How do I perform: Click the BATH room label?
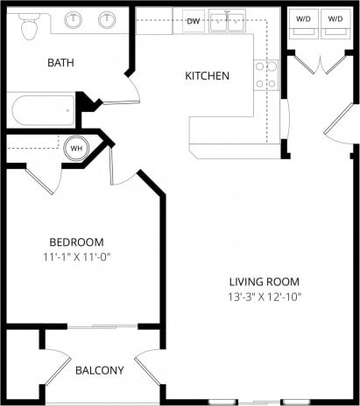click(61, 62)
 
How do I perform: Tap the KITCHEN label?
click(207, 76)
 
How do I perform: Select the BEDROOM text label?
click(76, 242)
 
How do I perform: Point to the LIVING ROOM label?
click(265, 282)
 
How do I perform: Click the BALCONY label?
click(99, 370)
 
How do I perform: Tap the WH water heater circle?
click(76, 148)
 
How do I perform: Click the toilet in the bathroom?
click(29, 27)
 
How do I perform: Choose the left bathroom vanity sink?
click(74, 19)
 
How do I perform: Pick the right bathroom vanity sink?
click(107, 19)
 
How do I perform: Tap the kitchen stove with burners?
click(265, 75)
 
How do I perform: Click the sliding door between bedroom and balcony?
click(102, 326)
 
